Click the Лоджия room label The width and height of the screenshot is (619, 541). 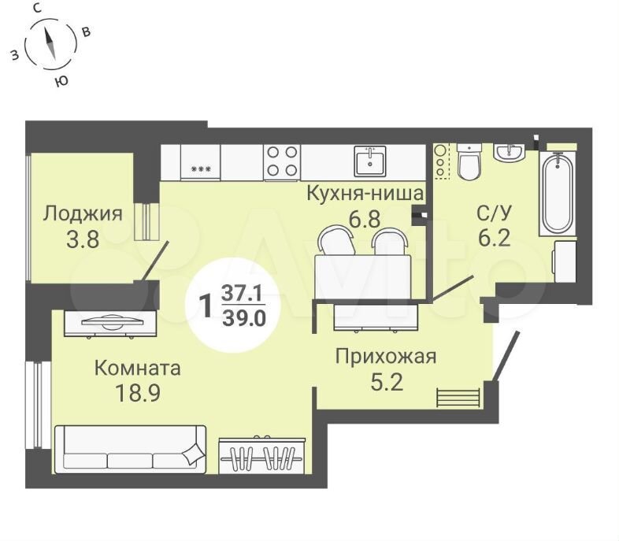tap(83, 214)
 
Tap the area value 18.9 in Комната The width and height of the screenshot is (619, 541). tap(137, 393)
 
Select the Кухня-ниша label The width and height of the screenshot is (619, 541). tap(365, 194)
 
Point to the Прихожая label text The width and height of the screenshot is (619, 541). tap(386, 357)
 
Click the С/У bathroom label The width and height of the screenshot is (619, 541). tap(494, 213)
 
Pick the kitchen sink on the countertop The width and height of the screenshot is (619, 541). tap(370, 161)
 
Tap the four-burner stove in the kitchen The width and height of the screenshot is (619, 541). tap(282, 161)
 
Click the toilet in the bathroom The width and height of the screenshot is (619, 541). tap(469, 161)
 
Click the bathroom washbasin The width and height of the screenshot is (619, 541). tap(510, 152)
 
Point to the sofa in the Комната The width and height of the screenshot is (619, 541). tap(130, 449)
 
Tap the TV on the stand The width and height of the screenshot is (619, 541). tap(112, 321)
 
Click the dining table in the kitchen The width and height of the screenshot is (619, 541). tap(362, 276)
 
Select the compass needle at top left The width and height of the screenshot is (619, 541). tap(50, 44)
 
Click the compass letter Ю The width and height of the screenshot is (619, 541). tap(61, 81)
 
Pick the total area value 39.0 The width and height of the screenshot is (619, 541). tap(244, 318)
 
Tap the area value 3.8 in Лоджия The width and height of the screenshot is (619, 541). tap(83, 239)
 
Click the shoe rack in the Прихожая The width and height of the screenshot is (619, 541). tap(458, 398)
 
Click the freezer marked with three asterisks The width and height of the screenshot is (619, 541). tap(201, 161)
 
